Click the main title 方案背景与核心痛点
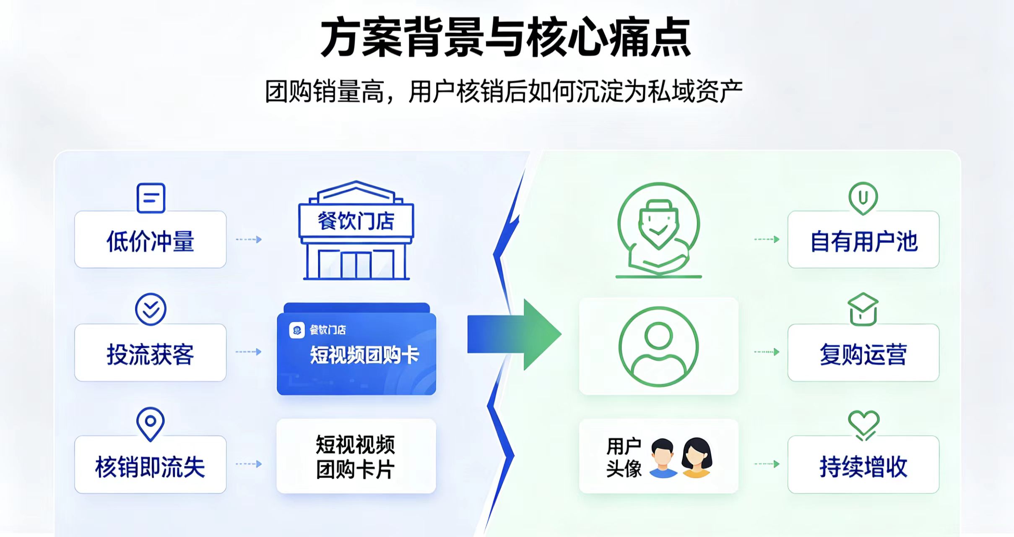click(x=506, y=38)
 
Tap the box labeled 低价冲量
click(x=150, y=240)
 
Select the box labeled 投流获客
click(x=150, y=352)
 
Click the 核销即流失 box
click(x=150, y=464)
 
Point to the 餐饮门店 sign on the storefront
click(x=356, y=221)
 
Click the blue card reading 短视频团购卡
click(x=356, y=349)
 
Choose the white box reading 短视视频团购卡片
click(x=356, y=456)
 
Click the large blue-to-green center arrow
click(x=514, y=334)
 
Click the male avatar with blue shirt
click(x=663, y=458)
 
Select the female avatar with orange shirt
click(x=697, y=458)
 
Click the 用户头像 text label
click(x=624, y=457)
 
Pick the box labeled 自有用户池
click(x=863, y=240)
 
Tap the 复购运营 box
click(x=863, y=352)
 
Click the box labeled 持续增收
click(x=863, y=464)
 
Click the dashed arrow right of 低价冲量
click(x=249, y=240)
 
